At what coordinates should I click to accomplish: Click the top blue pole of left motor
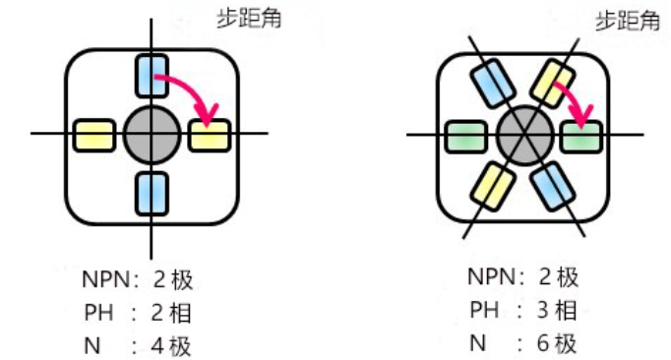click(x=151, y=76)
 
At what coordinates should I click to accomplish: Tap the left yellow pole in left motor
click(x=93, y=134)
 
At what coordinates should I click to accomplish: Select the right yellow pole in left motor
click(x=208, y=134)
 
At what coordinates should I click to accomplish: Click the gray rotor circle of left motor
click(x=151, y=134)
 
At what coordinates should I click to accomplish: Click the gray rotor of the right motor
click(x=522, y=134)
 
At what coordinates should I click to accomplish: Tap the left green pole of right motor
click(x=464, y=134)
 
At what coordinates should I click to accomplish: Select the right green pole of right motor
click(x=580, y=135)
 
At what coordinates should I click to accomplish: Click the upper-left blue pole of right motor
click(x=494, y=85)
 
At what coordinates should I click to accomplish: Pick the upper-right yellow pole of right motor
click(x=551, y=83)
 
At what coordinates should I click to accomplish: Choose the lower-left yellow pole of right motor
click(x=494, y=185)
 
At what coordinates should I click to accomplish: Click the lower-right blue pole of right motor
click(x=552, y=184)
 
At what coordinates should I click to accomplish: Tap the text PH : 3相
click(x=521, y=311)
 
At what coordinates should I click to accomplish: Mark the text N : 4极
click(x=137, y=345)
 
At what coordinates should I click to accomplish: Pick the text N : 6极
click(x=521, y=343)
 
